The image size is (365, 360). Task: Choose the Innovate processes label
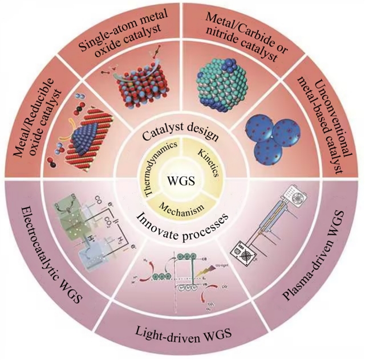tap(182, 218)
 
